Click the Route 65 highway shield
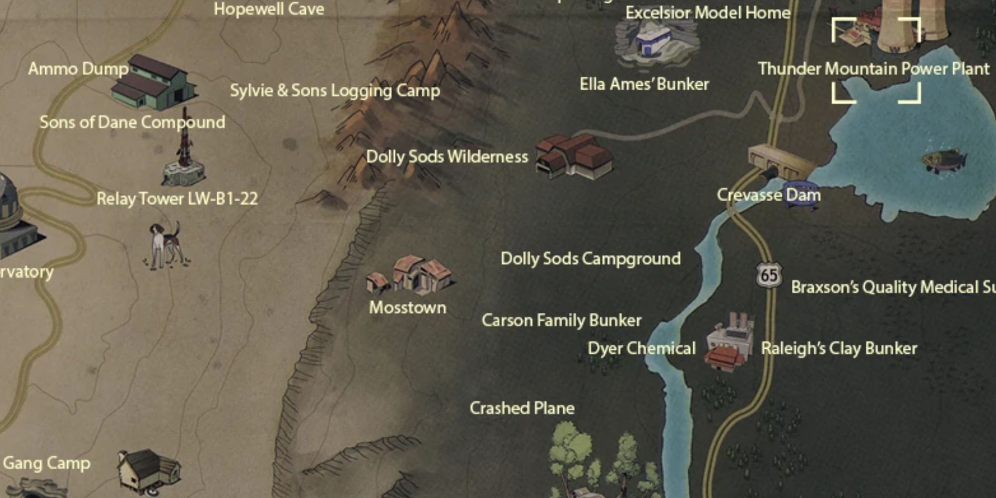pyautogui.click(x=768, y=275)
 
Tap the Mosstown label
pyautogui.click(x=407, y=307)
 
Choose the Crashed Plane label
pyautogui.click(x=522, y=408)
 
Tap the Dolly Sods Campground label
pyautogui.click(x=590, y=258)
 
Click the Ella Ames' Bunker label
pyautogui.click(x=644, y=84)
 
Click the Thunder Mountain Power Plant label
pyautogui.click(x=873, y=69)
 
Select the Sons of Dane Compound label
pyautogui.click(x=132, y=123)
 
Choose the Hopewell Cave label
pyautogui.click(x=269, y=9)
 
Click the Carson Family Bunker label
pyautogui.click(x=561, y=320)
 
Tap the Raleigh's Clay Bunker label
pyautogui.click(x=839, y=348)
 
